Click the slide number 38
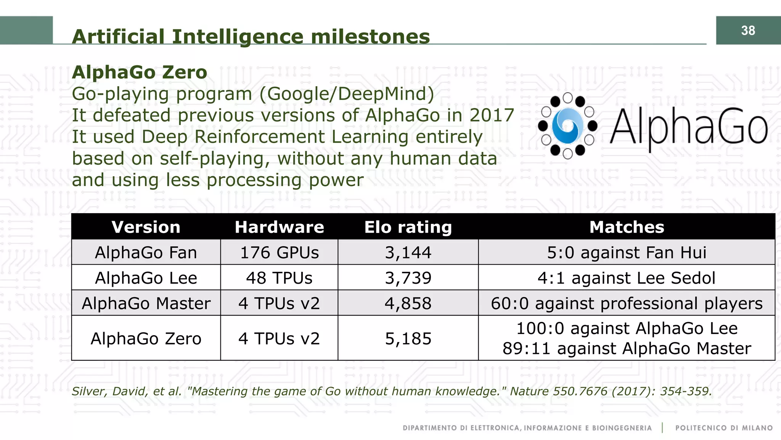coord(748,31)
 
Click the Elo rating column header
coord(408,227)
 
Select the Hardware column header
coord(279,227)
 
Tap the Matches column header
coord(627,227)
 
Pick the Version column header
coord(146,227)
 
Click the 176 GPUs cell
coord(279,252)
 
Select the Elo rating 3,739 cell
coord(408,278)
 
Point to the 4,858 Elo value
coord(408,304)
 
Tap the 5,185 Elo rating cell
coord(408,339)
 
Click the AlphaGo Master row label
coord(146,304)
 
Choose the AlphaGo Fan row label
coord(146,252)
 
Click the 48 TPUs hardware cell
coord(279,278)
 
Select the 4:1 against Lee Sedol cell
coord(627,278)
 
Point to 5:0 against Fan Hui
coord(627,252)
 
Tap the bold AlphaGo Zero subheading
coord(139,72)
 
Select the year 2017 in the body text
coord(492,115)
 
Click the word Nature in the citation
coord(529,391)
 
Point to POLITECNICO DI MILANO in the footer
coord(724,428)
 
